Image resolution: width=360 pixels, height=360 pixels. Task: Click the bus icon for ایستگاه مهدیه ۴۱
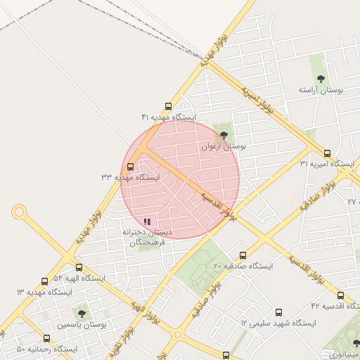[x=167, y=106]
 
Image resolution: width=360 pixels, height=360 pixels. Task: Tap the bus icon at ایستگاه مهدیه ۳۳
[x=129, y=167]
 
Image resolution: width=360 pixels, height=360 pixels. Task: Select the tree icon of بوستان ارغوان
[x=224, y=135]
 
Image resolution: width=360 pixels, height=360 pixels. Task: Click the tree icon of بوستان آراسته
[x=321, y=79]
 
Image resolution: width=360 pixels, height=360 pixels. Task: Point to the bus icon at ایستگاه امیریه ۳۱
[x=327, y=153]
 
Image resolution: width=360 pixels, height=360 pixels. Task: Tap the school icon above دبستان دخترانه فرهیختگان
[x=147, y=221]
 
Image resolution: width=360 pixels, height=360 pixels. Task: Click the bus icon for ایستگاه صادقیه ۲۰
[x=243, y=255]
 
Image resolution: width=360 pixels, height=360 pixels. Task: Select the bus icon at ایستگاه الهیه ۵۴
[x=79, y=268]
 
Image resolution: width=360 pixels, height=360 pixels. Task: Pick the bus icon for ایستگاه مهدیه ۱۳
[x=45, y=281]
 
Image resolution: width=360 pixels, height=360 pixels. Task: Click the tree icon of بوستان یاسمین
[x=82, y=314]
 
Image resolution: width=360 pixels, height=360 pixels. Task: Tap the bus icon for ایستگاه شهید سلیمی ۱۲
[x=278, y=312]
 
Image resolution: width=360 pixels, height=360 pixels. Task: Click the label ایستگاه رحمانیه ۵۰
[x=46, y=349]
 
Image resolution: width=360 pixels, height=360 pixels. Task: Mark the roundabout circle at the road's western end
[x=19, y=211]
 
